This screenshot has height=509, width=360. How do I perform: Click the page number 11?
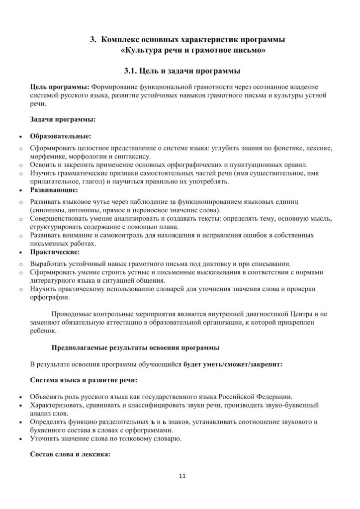[181, 476]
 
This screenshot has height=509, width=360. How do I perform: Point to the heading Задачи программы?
[63, 119]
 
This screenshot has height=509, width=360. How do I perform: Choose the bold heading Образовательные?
[61, 135]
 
